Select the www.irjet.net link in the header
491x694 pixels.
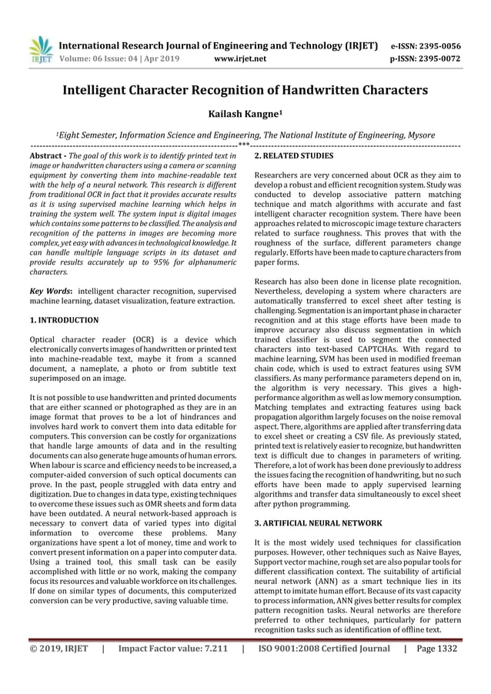(241, 57)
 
